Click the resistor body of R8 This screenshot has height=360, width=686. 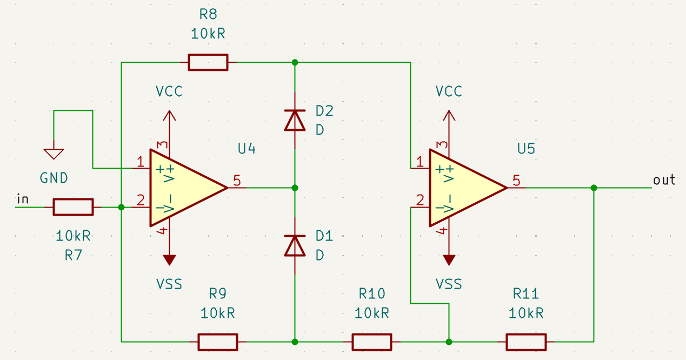pos(208,62)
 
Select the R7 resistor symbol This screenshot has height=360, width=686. pos(73,207)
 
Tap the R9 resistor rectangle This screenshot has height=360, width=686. pos(217,342)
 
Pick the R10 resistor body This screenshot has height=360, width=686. pos(372,342)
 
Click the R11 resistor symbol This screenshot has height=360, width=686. pos(526,342)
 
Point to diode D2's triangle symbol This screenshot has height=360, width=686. pos(295,120)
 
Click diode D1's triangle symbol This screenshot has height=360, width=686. pos(295,245)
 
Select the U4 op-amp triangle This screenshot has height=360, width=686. pos(184,188)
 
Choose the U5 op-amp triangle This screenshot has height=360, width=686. pos(464,188)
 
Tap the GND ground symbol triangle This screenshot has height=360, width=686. pos(54,154)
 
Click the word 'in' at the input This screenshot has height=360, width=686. pos(23,199)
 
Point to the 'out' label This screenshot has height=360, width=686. pos(664,180)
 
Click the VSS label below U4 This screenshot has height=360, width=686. pos(169,284)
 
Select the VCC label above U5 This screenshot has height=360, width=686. pos(449,91)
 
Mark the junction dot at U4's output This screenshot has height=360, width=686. pos(295,188)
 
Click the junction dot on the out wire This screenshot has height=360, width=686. pos(594,188)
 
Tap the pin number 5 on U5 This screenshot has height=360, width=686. pos(517,181)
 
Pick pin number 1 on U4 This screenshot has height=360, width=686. pos(141,161)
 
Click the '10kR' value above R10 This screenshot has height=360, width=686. pos(372,313)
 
